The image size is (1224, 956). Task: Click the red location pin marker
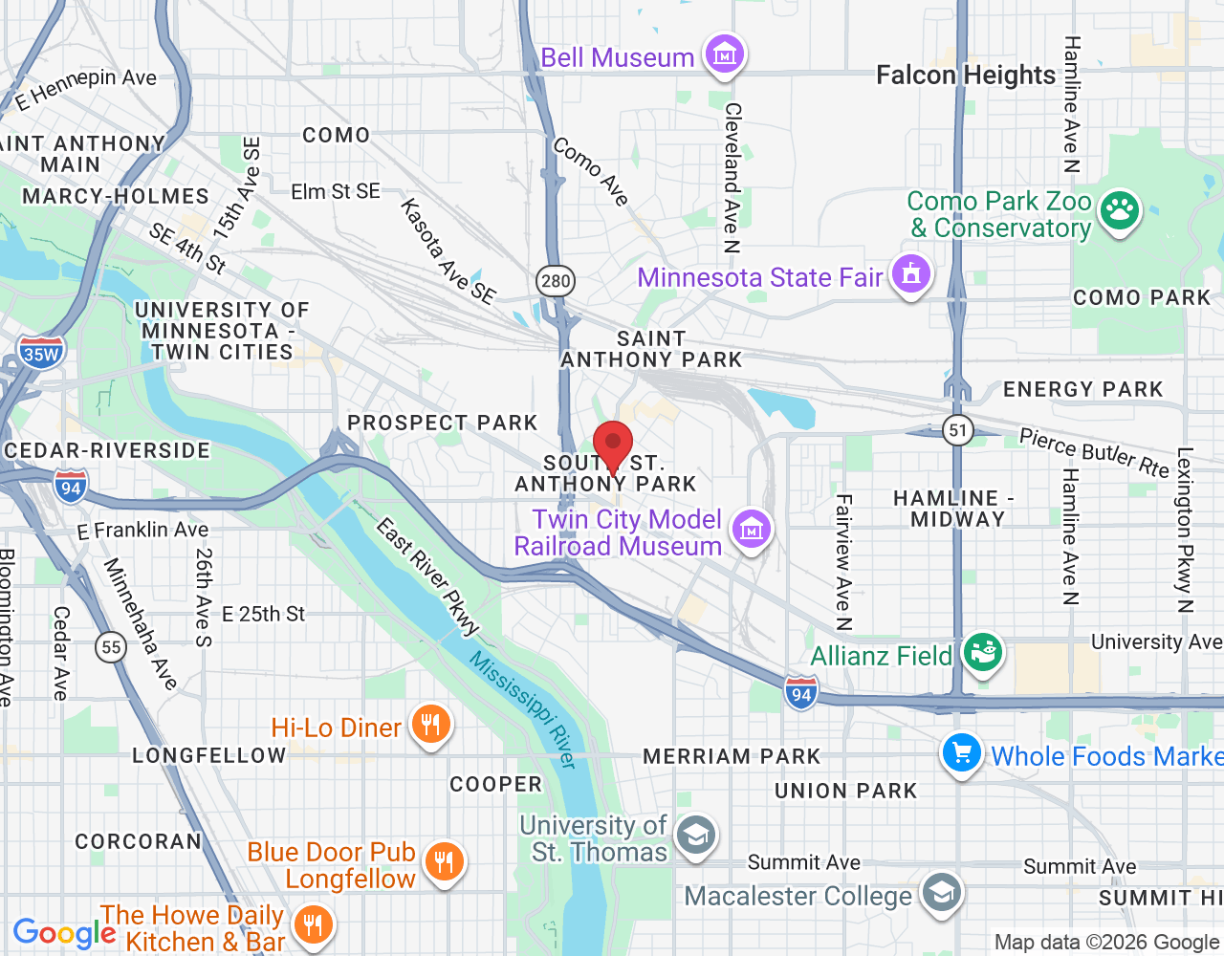[613, 445]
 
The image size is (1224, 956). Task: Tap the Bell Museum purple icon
[724, 55]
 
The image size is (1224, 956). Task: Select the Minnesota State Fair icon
[910, 274]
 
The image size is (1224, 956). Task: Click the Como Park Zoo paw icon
[1119, 211]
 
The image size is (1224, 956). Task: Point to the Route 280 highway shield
[555, 281]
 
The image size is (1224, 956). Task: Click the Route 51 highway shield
[958, 430]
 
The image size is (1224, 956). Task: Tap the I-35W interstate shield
[41, 354]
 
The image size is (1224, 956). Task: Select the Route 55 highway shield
[112, 647]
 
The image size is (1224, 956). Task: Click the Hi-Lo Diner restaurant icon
[430, 725]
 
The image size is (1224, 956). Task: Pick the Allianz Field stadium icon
[982, 654]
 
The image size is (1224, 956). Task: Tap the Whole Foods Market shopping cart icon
[962, 754]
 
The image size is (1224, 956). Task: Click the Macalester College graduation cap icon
[941, 894]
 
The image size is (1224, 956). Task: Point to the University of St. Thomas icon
[695, 836]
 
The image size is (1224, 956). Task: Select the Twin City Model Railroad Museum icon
[751, 530]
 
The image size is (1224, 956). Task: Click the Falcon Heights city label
[966, 75]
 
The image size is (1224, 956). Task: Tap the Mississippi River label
[522, 710]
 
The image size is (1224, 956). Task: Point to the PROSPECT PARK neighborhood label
[443, 423]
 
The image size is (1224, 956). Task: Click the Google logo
[64, 933]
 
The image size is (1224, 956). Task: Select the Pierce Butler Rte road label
[1094, 452]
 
